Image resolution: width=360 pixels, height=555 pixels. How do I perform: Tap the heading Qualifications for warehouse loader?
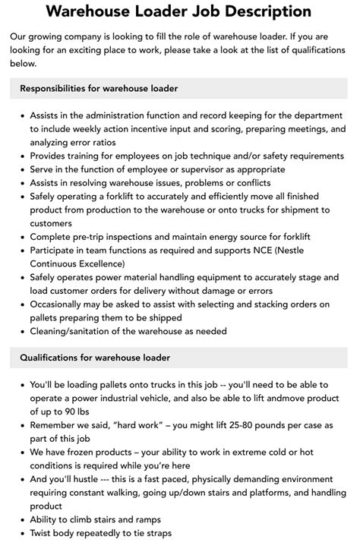[x=95, y=358]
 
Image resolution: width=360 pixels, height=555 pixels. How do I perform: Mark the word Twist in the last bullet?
[x=44, y=533]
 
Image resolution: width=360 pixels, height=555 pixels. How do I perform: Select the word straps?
[x=156, y=533]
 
